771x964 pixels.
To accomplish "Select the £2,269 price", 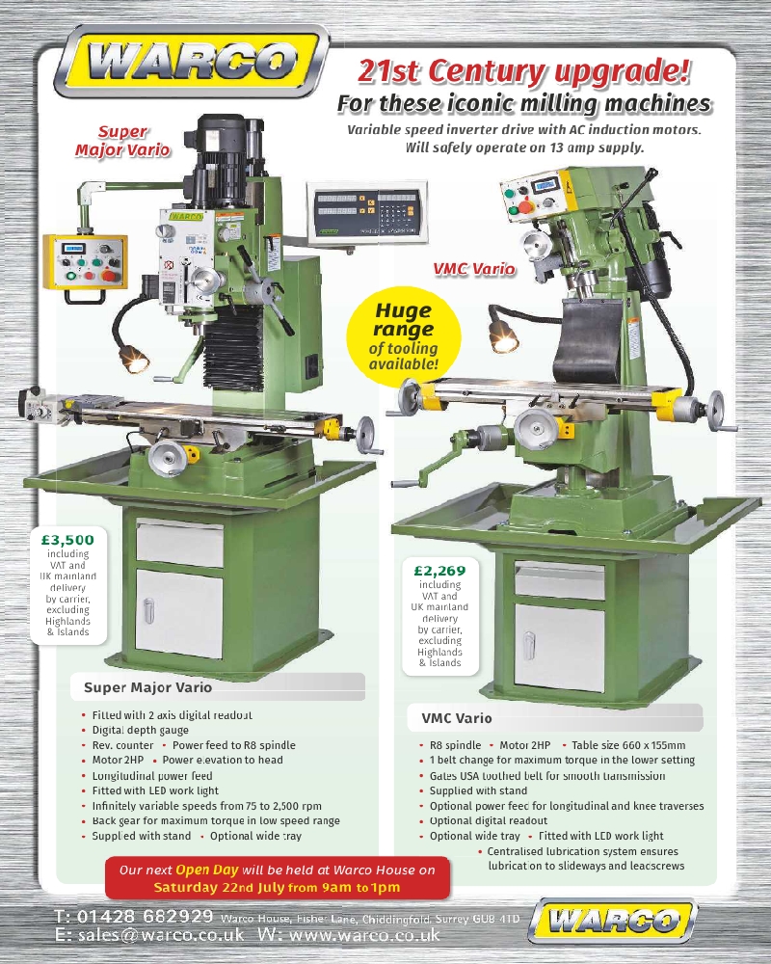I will coord(439,570).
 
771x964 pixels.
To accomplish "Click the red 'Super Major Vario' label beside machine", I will coord(122,141).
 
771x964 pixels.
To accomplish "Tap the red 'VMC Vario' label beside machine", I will coord(473,269).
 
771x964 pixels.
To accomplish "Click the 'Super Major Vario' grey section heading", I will coord(147,688).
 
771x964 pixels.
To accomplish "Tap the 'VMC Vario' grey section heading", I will coord(457,718).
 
